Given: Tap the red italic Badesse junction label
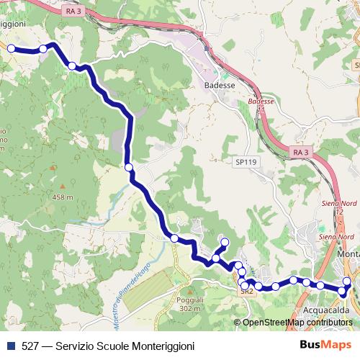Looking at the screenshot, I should coord(261,102).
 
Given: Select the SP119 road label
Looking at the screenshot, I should coord(246,163).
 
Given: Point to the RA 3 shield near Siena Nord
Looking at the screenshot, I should coord(301,152).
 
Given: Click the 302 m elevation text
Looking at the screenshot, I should coord(189,309).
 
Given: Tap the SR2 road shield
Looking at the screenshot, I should coord(247,292).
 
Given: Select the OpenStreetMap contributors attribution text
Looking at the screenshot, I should coord(297,323).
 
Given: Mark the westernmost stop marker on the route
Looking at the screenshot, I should coord(11,48).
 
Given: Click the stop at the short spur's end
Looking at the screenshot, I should coord(224,242).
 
